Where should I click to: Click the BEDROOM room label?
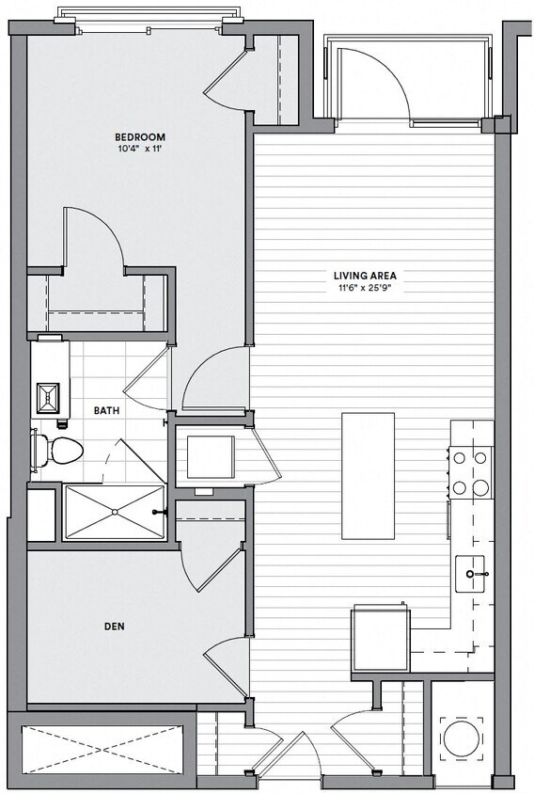click(x=141, y=137)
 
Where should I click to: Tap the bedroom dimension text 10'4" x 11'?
click(x=141, y=149)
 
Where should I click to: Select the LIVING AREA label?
click(x=366, y=276)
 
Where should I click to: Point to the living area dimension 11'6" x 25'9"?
click(x=366, y=287)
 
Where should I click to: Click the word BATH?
click(x=106, y=410)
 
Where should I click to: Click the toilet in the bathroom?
click(x=58, y=451)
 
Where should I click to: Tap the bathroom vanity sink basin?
click(x=47, y=399)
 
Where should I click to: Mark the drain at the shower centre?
click(x=114, y=512)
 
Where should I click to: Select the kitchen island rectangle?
click(x=368, y=475)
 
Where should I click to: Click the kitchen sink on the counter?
click(x=471, y=571)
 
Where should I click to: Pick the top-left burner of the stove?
click(x=461, y=458)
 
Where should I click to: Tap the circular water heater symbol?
click(x=463, y=738)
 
